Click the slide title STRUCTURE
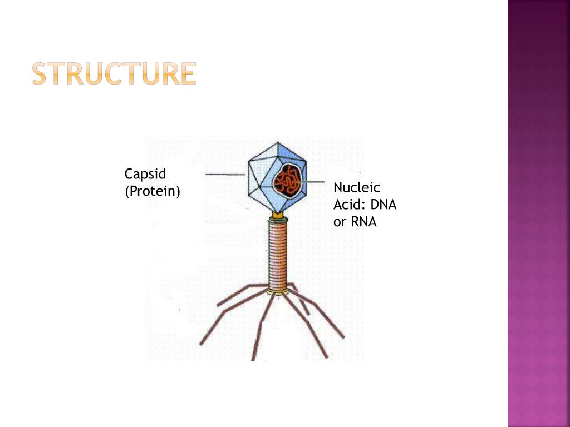click(114, 74)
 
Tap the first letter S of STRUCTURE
click(39, 74)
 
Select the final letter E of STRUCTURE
click(189, 74)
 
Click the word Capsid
click(145, 175)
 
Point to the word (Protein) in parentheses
click(153, 192)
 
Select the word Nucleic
click(357, 187)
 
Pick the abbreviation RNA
click(363, 222)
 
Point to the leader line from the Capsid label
click(225, 175)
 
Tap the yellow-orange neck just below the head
click(278, 213)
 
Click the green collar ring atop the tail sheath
click(278, 220)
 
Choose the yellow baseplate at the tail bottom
click(277, 291)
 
